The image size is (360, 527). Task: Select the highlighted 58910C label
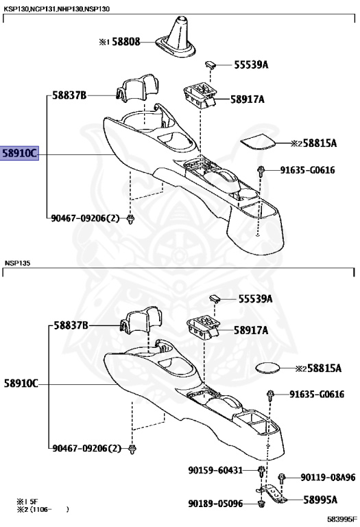pos(19,153)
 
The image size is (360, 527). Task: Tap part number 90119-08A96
pos(328,478)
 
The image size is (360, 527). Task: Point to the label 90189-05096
pos(215,504)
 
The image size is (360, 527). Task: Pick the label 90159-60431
pos(215,470)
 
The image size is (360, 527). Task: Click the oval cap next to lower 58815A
pos(267,368)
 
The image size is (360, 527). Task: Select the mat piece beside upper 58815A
pos(258,141)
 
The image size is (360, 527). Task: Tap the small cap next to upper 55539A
pos(211,65)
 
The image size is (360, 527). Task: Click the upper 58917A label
pos(247,99)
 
